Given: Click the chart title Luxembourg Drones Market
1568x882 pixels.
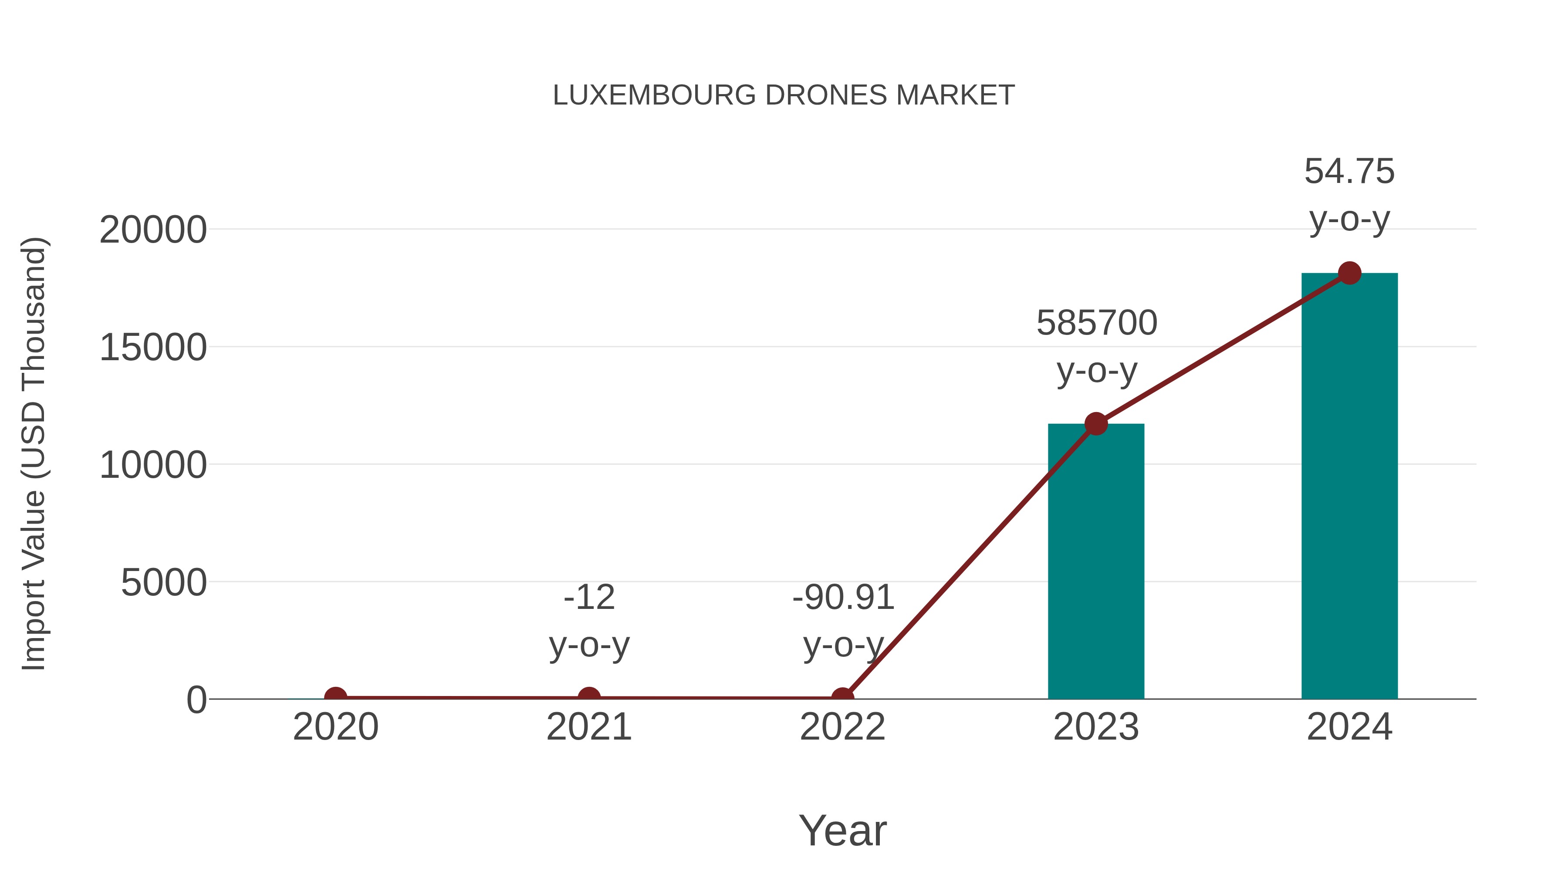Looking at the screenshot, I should [x=784, y=95].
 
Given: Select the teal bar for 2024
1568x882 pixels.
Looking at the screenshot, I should [x=1349, y=487].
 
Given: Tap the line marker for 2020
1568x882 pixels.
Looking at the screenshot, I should [x=335, y=698].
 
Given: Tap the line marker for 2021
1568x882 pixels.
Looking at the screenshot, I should [x=588, y=698].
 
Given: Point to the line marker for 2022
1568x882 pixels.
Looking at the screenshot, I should [x=842, y=698].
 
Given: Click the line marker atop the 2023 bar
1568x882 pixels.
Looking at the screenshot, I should [x=1096, y=424].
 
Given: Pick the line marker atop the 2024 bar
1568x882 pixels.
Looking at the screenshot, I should [x=1349, y=273].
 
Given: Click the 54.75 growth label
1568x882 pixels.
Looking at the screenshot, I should [x=1349, y=172].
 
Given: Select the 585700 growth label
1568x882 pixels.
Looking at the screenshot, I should [x=1096, y=323].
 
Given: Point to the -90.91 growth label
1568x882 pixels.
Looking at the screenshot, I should [x=843, y=597].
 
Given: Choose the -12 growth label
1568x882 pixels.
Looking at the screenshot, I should [x=589, y=597].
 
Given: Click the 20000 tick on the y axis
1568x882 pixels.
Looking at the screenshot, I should [x=153, y=231].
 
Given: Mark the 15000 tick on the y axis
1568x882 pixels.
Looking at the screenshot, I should [x=153, y=348].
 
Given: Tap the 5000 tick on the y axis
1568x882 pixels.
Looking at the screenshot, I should [x=164, y=583].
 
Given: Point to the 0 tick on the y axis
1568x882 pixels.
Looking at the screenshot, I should [x=196, y=700].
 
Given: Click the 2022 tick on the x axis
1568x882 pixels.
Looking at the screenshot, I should [x=842, y=727].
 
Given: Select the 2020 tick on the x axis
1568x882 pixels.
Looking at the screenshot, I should [x=335, y=727].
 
